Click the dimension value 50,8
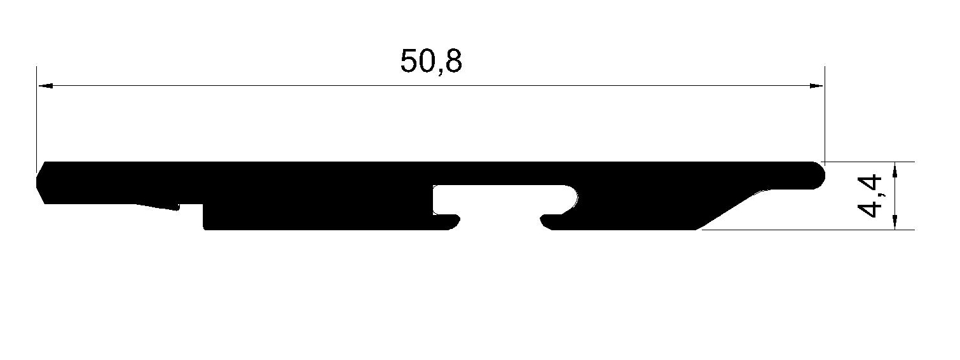pos(431,61)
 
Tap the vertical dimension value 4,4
pos(868,197)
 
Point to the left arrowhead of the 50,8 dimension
pos(45,86)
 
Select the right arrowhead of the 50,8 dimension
pos(816,86)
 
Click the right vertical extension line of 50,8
pos(825,114)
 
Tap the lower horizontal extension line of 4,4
pos(808,230)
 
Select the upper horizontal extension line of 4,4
pos(868,162)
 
